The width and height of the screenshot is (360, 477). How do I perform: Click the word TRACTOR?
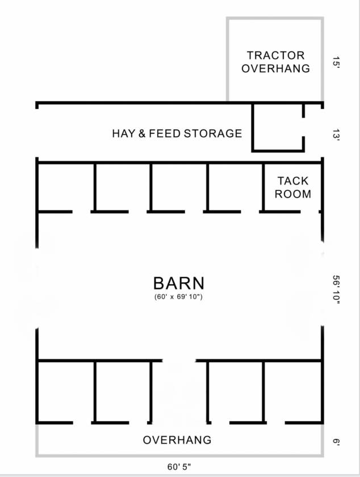click(x=275, y=56)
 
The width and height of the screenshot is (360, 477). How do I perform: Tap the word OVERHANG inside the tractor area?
click(x=276, y=69)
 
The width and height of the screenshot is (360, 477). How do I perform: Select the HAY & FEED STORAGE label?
click(x=177, y=133)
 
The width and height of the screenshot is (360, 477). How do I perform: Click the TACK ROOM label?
click(x=293, y=187)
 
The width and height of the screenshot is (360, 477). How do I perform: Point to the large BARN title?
click(x=179, y=283)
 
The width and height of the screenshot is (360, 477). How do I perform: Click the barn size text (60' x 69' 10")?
click(x=178, y=296)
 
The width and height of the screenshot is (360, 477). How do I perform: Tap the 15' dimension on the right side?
click(x=336, y=62)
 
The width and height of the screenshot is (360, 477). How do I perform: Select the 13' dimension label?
click(x=336, y=135)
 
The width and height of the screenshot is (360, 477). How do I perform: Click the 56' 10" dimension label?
click(x=336, y=290)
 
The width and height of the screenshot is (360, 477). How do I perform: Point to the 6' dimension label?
click(x=336, y=442)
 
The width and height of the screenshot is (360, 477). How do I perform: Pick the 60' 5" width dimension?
click(x=179, y=466)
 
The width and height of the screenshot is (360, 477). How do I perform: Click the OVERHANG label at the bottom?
click(x=177, y=440)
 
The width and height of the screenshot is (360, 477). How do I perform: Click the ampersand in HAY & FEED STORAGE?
click(x=142, y=133)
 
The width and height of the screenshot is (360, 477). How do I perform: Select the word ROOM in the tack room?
click(x=293, y=194)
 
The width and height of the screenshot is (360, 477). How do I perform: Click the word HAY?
click(x=124, y=133)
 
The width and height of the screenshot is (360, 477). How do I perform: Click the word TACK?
click(x=293, y=181)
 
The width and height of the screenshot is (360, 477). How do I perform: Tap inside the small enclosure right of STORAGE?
click(x=278, y=128)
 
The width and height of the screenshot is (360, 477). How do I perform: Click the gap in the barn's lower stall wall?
click(x=179, y=361)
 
